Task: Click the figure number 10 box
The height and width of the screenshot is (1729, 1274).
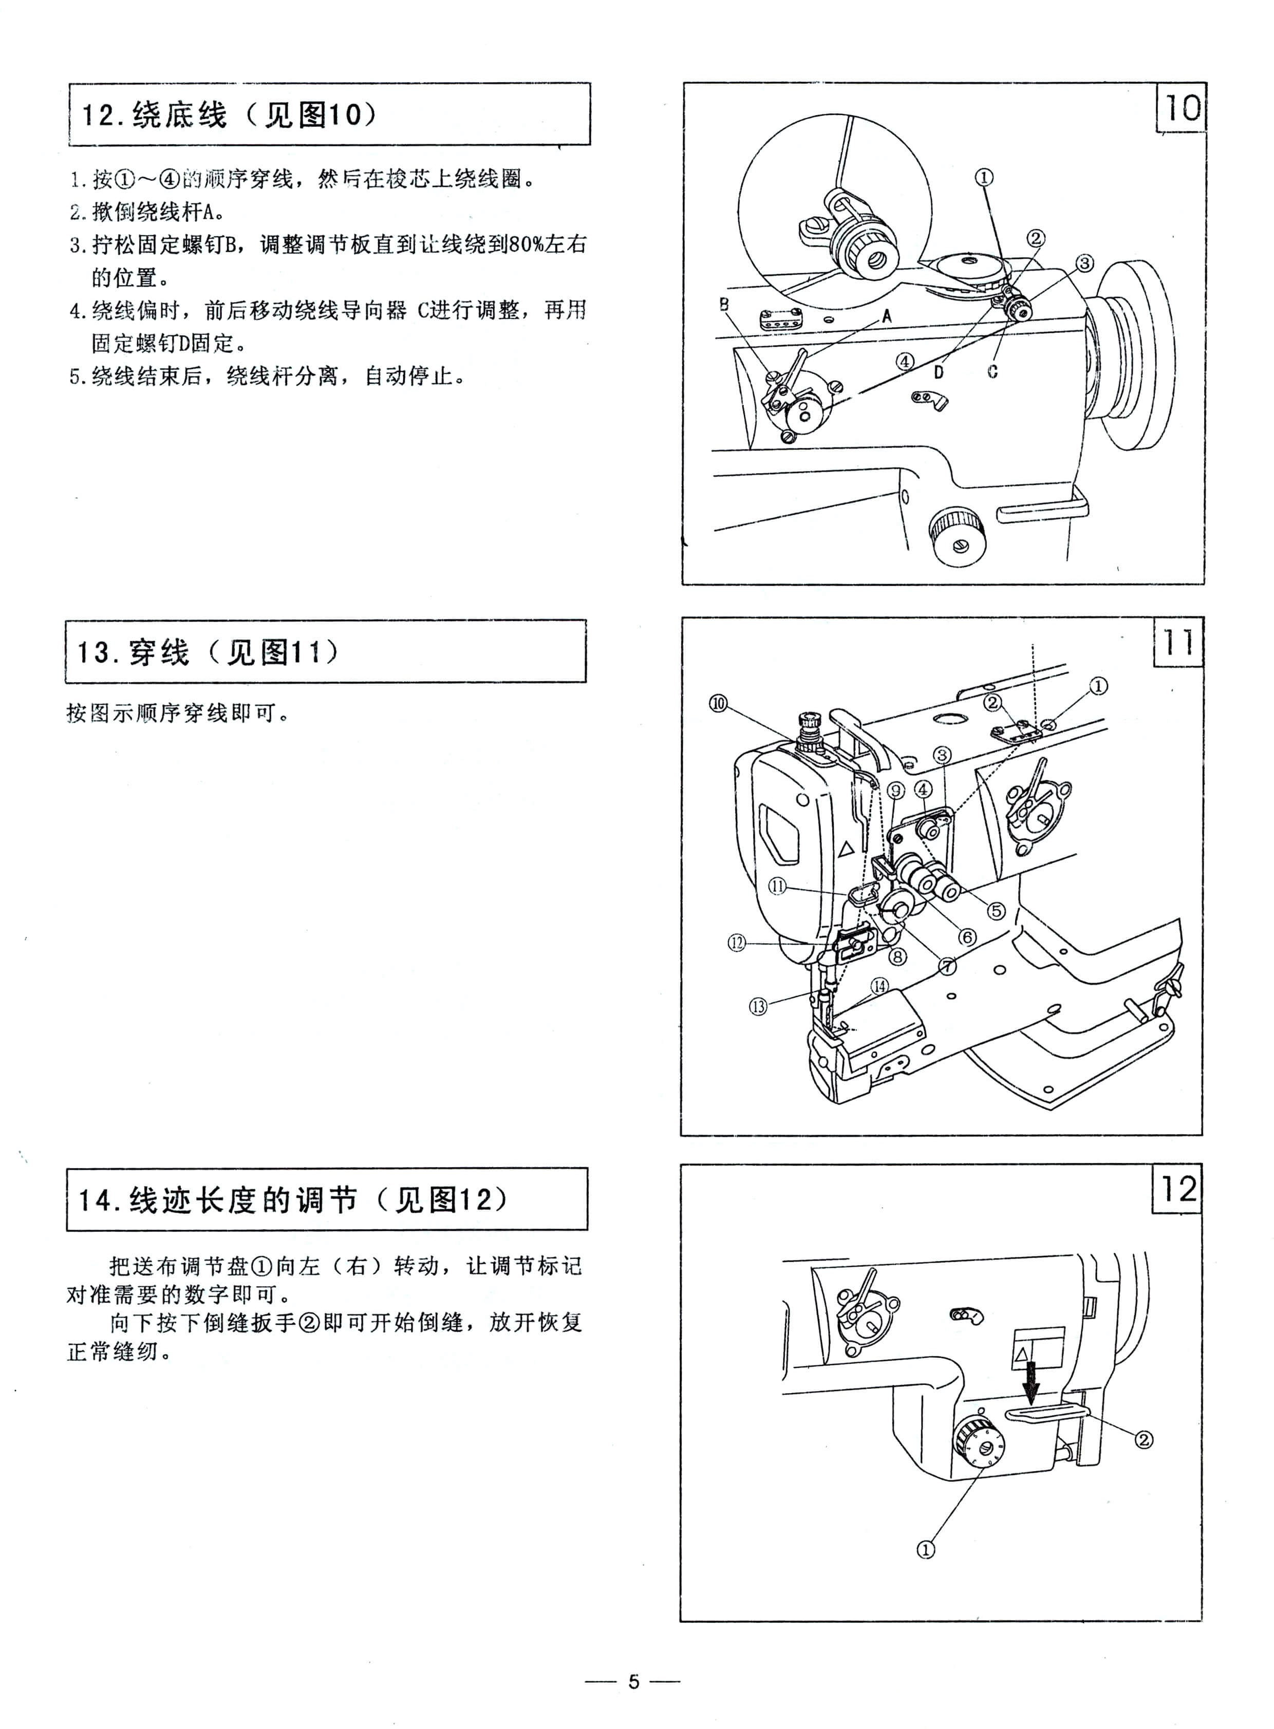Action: (x=1181, y=107)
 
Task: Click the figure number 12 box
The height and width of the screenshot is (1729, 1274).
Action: (x=1177, y=1189)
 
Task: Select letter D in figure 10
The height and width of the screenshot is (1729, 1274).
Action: (x=939, y=372)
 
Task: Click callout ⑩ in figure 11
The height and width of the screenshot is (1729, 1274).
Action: (x=718, y=703)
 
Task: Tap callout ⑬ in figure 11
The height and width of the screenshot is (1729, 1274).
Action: (x=758, y=1006)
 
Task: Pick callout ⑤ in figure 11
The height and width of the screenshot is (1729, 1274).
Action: (x=997, y=910)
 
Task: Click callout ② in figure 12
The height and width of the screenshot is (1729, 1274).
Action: (x=1144, y=1439)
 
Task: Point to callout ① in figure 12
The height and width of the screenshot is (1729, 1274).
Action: (x=925, y=1549)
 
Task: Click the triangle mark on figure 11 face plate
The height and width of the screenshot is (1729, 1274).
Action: (x=846, y=848)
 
